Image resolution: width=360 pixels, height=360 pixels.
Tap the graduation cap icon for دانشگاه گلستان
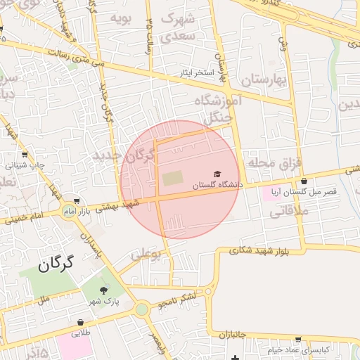click(x=217, y=174)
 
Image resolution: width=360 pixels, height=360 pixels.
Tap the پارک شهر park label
click(x=105, y=302)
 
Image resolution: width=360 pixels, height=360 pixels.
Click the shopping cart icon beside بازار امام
click(x=75, y=201)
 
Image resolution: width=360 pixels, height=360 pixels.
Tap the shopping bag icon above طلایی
click(x=80, y=324)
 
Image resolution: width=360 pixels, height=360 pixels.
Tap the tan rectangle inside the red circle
click(x=172, y=179)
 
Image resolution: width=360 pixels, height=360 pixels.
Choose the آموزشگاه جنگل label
click(x=224, y=110)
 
